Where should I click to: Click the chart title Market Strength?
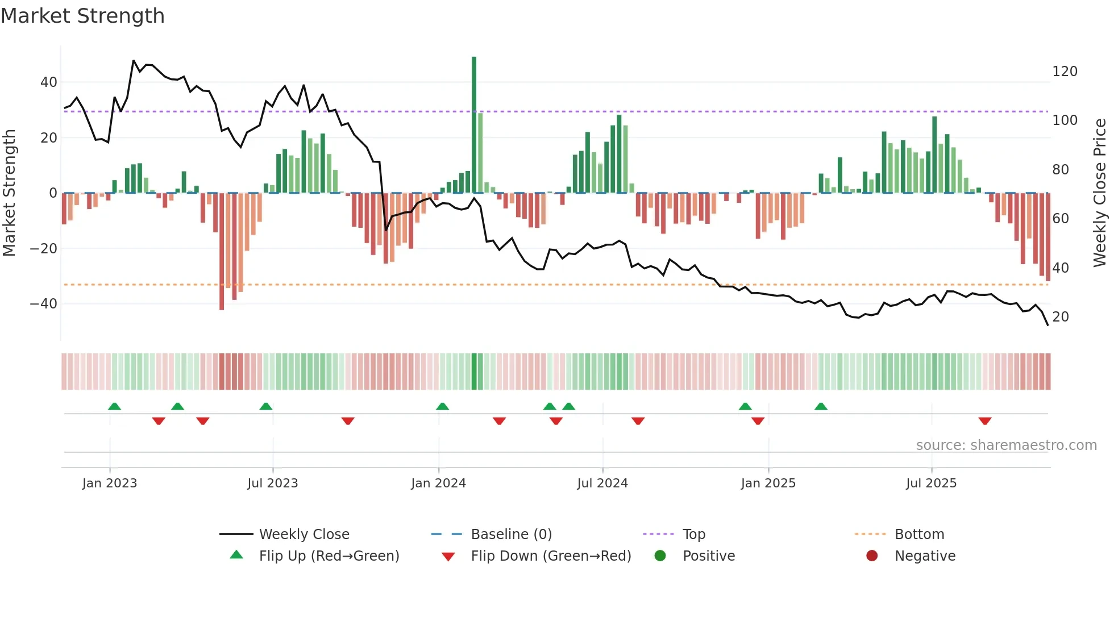coord(82,16)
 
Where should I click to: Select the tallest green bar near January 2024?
coord(474,125)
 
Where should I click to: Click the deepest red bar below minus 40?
coord(222,253)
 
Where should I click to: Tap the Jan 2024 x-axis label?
coord(438,483)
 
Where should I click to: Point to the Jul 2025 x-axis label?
coord(931,483)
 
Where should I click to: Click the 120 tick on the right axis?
coord(1065,72)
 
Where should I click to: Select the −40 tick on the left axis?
coord(44,304)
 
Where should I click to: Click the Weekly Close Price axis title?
coord(1100,193)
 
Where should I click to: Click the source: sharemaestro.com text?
coord(1006,445)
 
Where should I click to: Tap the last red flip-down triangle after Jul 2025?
coord(985,421)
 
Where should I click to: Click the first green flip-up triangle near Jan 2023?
coord(114,406)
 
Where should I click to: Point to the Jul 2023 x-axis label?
coord(272,483)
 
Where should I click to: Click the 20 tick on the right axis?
coord(1060,317)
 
